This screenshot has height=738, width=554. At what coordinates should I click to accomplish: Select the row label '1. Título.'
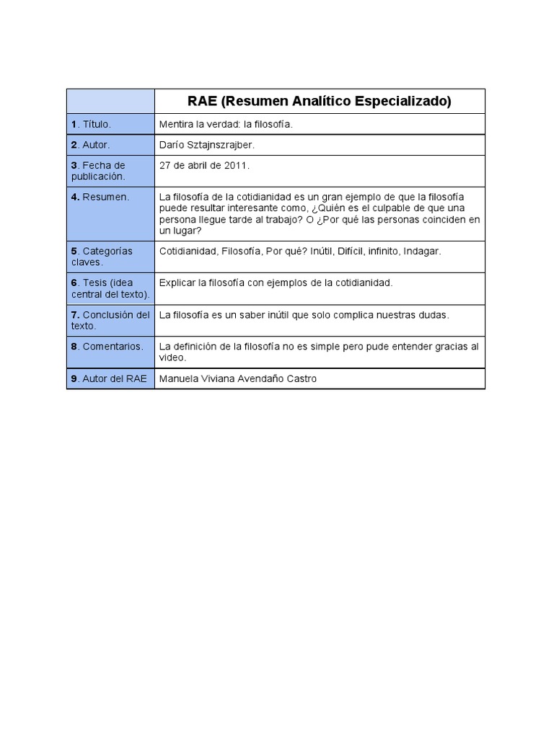click(x=91, y=125)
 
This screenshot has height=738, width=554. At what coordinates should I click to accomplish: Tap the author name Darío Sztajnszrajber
click(x=206, y=145)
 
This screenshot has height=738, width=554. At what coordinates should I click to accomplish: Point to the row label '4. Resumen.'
click(x=100, y=197)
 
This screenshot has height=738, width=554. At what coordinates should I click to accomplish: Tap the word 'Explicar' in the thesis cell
click(x=177, y=283)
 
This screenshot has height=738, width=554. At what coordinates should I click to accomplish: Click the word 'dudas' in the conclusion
click(x=433, y=315)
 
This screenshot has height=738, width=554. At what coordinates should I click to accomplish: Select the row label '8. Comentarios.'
click(x=107, y=347)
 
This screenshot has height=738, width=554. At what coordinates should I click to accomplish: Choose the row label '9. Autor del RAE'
click(x=109, y=378)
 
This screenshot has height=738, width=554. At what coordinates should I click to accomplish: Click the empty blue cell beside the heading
click(x=110, y=102)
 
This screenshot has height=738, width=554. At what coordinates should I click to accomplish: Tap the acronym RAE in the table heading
click(x=203, y=102)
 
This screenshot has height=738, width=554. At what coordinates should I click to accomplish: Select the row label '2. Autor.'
click(x=91, y=145)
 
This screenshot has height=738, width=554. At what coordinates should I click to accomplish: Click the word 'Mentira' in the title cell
click(x=176, y=125)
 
